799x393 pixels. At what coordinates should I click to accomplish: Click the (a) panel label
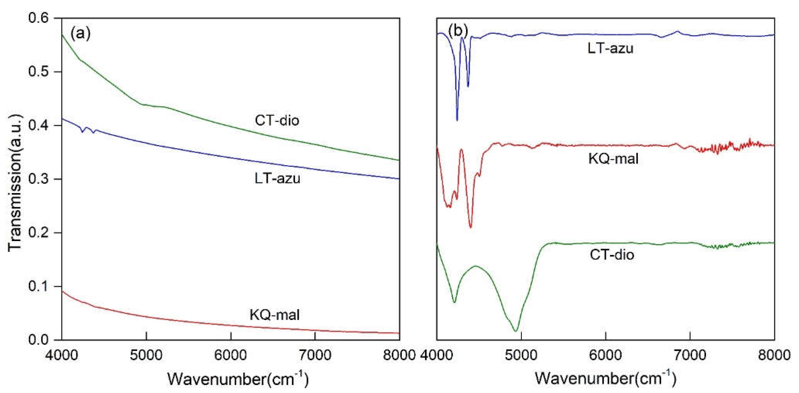click(x=80, y=33)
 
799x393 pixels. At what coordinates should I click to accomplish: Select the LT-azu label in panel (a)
click(x=277, y=179)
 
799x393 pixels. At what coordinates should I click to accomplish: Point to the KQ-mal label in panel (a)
click(x=275, y=315)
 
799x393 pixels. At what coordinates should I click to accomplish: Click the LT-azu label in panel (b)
click(x=610, y=49)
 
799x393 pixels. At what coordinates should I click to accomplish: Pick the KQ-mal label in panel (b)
click(x=613, y=159)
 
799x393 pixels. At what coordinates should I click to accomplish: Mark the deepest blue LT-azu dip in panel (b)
click(x=457, y=120)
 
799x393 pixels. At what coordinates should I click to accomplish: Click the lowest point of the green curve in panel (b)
click(x=515, y=331)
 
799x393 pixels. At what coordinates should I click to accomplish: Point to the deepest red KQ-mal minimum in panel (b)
click(x=471, y=227)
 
